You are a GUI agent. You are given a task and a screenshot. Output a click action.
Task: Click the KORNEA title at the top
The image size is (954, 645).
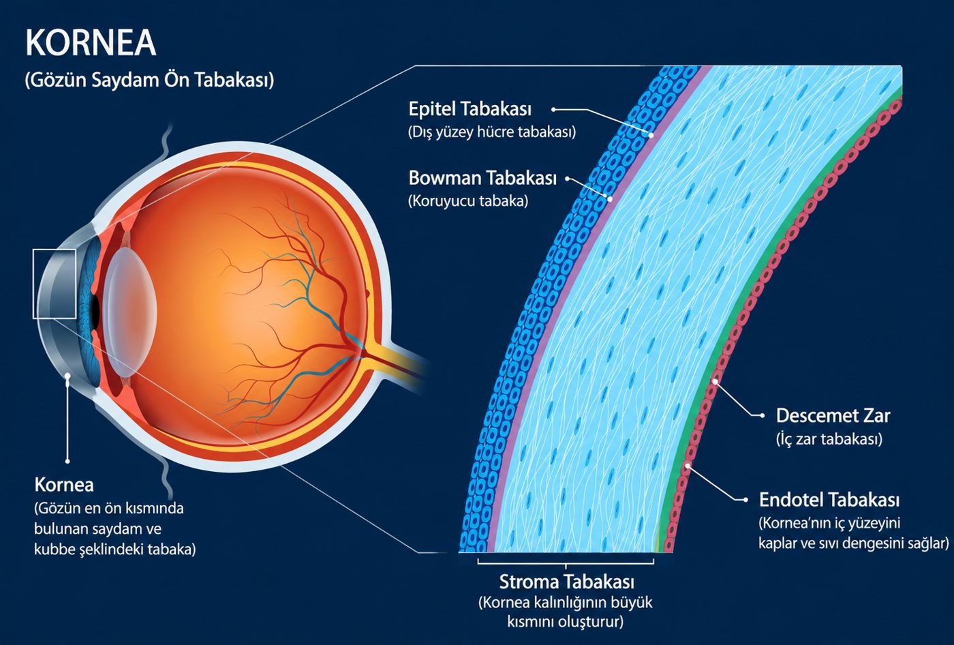pyautogui.click(x=91, y=42)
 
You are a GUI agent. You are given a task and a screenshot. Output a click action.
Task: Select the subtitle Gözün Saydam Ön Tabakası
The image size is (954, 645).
pyautogui.click(x=149, y=80)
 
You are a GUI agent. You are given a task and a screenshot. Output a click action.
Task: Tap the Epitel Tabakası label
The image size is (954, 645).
pyautogui.click(x=470, y=109)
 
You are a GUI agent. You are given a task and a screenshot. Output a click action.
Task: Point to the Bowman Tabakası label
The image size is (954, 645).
pyautogui.click(x=482, y=178)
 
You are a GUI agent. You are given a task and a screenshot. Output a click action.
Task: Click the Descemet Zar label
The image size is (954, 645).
pyautogui.click(x=833, y=416)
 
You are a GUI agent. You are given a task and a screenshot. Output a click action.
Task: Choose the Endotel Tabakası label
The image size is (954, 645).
pyautogui.click(x=829, y=500)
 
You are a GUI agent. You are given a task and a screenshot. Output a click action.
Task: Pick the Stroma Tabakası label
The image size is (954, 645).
pyautogui.click(x=567, y=582)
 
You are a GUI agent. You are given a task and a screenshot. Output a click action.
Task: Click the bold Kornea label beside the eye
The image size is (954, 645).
pyautogui.click(x=64, y=485)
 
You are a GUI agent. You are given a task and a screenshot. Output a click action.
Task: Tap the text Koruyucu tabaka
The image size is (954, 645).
pyautogui.click(x=468, y=201)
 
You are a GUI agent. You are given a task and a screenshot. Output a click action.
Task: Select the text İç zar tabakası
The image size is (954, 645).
pyautogui.click(x=829, y=439)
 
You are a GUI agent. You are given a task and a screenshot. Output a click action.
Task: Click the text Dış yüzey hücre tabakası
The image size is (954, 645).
pyautogui.click(x=492, y=132)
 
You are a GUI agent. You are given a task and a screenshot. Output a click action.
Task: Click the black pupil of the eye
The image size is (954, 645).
pyautogui.click(x=95, y=309)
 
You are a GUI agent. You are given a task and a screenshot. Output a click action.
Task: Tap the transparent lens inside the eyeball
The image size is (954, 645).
pyautogui.click(x=129, y=312)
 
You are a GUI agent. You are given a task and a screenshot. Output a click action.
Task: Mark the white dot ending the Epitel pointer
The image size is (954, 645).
pyautogui.click(x=651, y=136)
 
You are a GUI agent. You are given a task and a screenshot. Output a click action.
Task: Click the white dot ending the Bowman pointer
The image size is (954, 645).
pyautogui.click(x=610, y=199)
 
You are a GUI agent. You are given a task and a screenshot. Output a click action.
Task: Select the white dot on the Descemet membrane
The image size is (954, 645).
pyautogui.click(x=715, y=381)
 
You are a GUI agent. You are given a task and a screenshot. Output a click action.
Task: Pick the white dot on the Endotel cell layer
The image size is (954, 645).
pyautogui.click(x=687, y=466)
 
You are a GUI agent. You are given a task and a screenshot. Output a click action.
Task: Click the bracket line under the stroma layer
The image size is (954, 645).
pyautogui.click(x=566, y=564)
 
